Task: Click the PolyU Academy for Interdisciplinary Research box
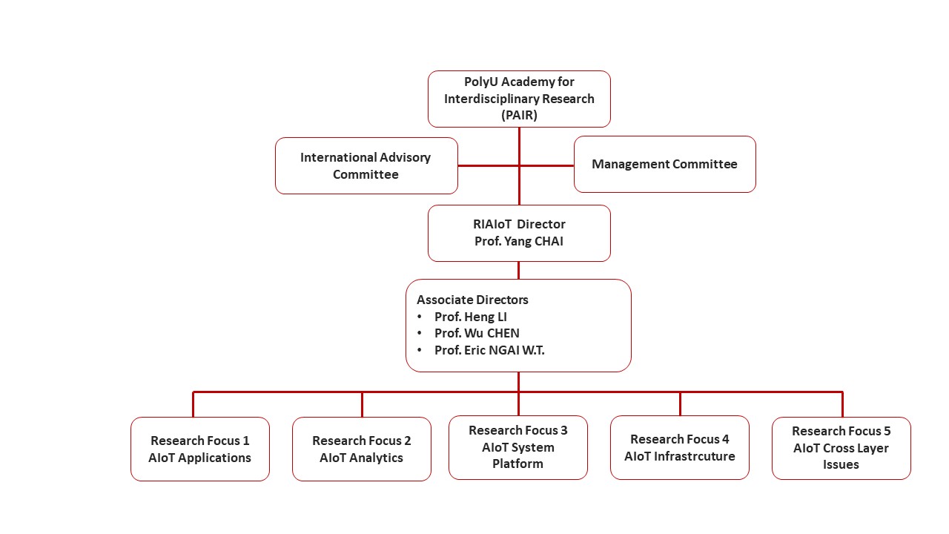(519, 99)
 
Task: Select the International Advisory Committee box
(366, 165)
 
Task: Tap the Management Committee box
(664, 164)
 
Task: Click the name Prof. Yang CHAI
(519, 241)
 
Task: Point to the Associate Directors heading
(472, 300)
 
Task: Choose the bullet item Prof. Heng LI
(470, 317)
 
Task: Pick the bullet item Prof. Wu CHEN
(477, 333)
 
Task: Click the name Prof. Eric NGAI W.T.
(489, 350)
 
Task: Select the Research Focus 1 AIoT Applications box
(199, 449)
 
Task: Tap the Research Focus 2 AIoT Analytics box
(361, 449)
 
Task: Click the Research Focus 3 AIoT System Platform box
(518, 447)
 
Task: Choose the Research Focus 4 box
(680, 447)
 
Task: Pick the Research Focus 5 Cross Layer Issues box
(841, 447)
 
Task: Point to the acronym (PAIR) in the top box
(519, 115)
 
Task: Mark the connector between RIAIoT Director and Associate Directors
(518, 270)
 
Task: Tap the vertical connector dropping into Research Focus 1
(194, 404)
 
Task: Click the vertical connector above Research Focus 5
(842, 404)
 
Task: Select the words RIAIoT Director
(519, 224)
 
